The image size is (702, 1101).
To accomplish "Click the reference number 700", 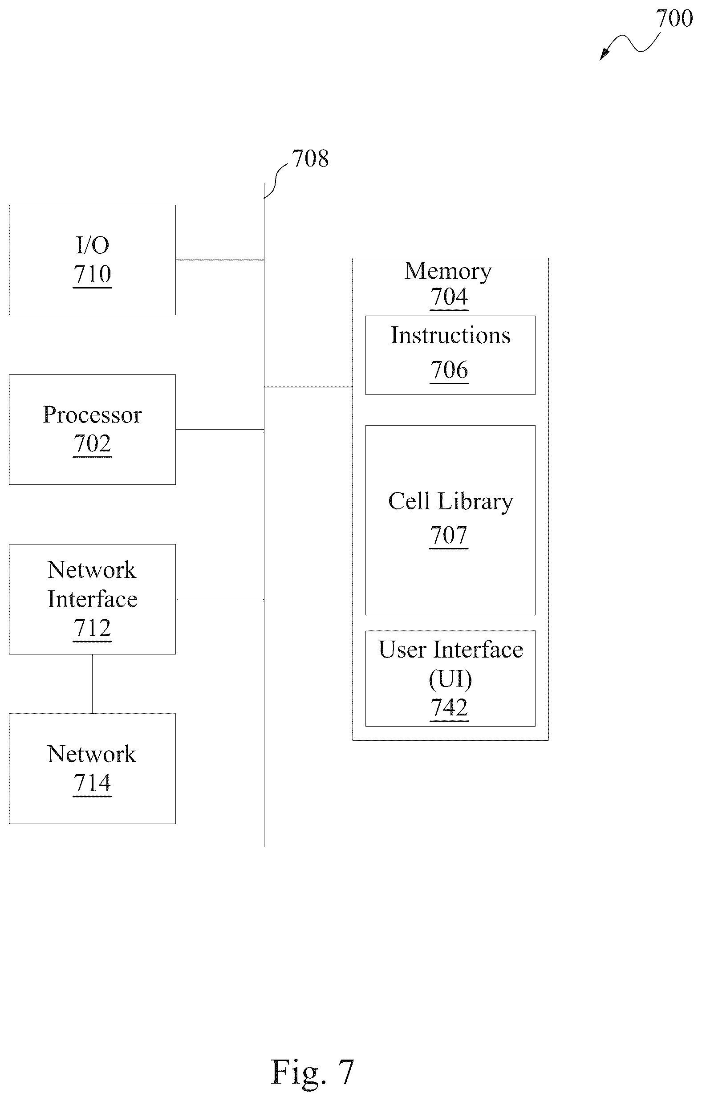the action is pyautogui.click(x=674, y=19).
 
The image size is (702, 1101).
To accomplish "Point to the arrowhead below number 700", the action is pyautogui.click(x=604, y=54).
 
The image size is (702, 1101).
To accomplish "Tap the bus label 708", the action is pyautogui.click(x=310, y=158).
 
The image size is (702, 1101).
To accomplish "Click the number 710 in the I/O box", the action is pyautogui.click(x=92, y=274).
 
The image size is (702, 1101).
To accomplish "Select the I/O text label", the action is pyautogui.click(x=92, y=245).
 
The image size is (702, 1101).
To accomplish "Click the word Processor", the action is pyautogui.click(x=92, y=414).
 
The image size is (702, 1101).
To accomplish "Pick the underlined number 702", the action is pyautogui.click(x=92, y=443).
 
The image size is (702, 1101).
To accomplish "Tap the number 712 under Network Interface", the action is pyautogui.click(x=92, y=628).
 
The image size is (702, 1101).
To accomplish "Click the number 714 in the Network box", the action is pyautogui.click(x=92, y=782).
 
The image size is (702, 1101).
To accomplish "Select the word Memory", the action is pyautogui.click(x=448, y=271).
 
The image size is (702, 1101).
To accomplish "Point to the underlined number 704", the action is pyautogui.click(x=449, y=297).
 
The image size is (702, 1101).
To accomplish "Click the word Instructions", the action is pyautogui.click(x=450, y=335).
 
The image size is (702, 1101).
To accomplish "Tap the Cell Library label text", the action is pyautogui.click(x=450, y=501).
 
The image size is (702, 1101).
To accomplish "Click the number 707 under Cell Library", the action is pyautogui.click(x=449, y=535).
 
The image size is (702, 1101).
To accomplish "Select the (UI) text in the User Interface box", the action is pyautogui.click(x=450, y=679).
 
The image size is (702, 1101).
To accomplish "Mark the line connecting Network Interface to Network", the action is pyautogui.click(x=92, y=683).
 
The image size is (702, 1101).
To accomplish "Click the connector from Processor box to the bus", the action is pyautogui.click(x=220, y=429).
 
